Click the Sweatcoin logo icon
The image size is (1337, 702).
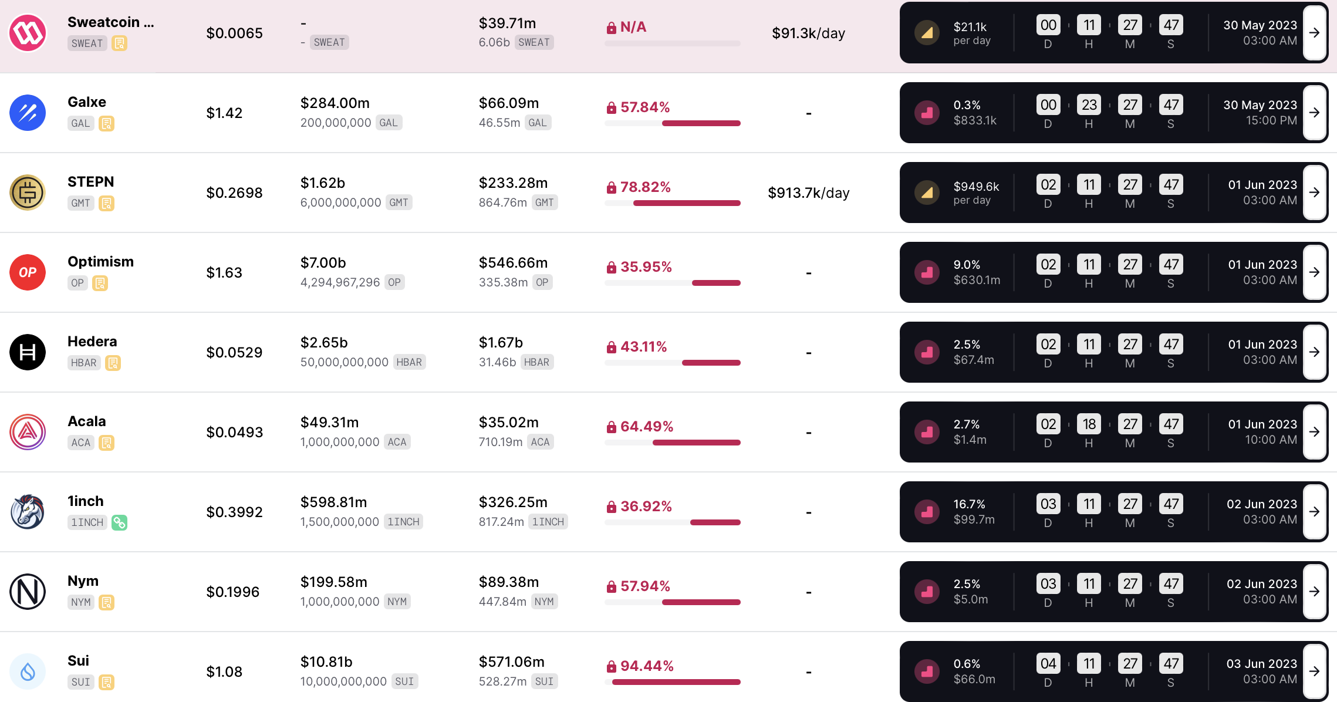click(28, 33)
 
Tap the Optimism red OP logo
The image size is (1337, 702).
click(28, 272)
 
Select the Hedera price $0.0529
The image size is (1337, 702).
click(234, 352)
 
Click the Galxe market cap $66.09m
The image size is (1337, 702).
click(509, 103)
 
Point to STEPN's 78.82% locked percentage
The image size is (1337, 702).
click(645, 187)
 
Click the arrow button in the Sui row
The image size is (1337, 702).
click(1315, 671)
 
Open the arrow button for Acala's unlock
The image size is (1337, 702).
click(1315, 432)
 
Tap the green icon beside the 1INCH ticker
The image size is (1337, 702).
click(120, 522)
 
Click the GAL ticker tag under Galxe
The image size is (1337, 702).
click(80, 123)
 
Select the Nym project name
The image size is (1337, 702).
click(83, 580)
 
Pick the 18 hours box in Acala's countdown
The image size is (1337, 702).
click(1089, 424)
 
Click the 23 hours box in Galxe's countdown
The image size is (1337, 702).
click(1089, 104)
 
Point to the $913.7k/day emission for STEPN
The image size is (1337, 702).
click(809, 193)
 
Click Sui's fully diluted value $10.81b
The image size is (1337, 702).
click(326, 662)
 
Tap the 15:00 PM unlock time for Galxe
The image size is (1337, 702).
click(1271, 120)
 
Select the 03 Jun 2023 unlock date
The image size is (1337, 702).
click(1262, 663)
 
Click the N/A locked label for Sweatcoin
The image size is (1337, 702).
click(633, 27)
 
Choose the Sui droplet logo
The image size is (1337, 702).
click(28, 671)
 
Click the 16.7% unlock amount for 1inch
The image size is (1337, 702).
click(970, 504)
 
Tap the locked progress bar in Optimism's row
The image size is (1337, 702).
click(673, 283)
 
